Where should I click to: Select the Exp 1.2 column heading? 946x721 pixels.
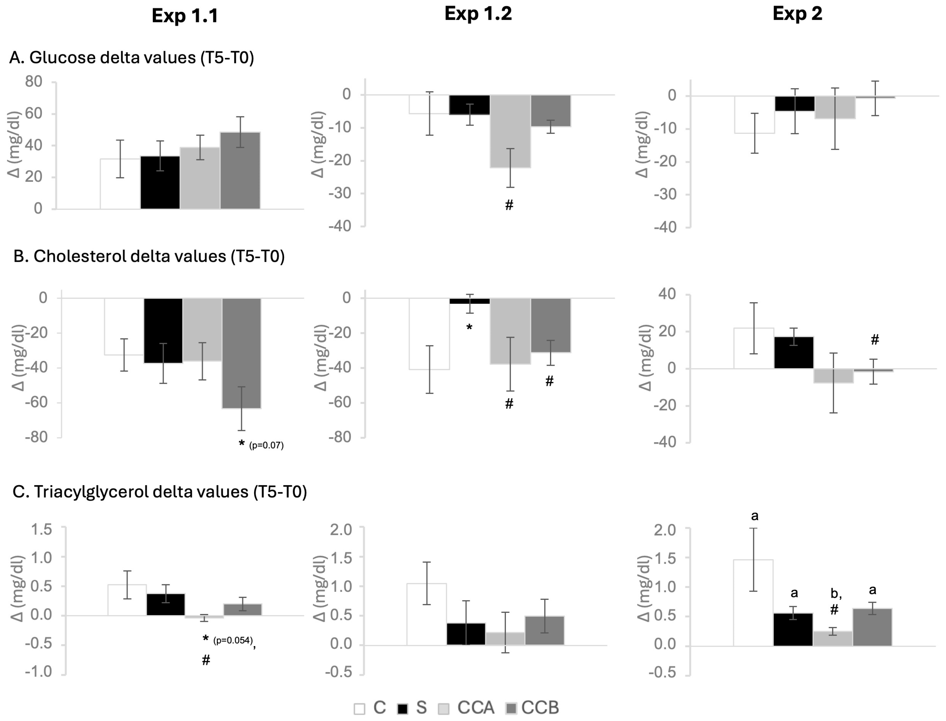pos(478,14)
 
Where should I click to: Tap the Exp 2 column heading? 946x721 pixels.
pos(797,14)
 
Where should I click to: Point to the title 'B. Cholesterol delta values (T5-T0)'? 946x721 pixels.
pos(149,256)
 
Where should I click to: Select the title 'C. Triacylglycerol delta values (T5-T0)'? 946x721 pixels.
pos(160,491)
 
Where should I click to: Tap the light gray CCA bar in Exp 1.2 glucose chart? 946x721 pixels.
pos(510,131)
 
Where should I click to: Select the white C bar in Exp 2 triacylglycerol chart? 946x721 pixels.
pos(753,603)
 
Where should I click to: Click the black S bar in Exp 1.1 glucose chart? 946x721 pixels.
pos(160,182)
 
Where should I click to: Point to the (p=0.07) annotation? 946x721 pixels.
pos(266,445)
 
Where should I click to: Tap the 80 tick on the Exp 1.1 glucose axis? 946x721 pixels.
pos(34,82)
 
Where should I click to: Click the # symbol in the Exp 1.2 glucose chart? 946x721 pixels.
pos(509,205)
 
